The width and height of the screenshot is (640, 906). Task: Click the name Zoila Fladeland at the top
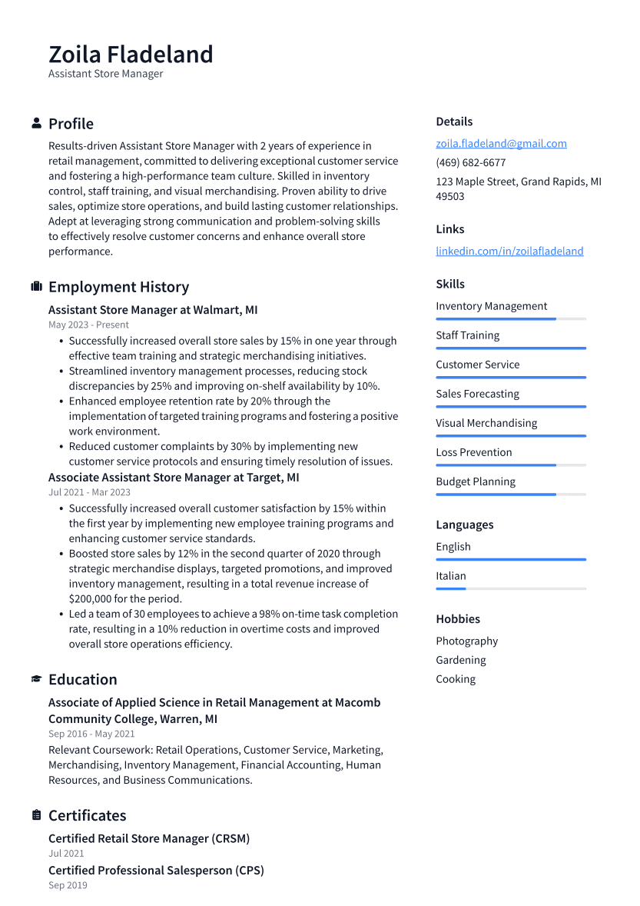(131, 55)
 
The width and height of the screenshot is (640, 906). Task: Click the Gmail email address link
(501, 143)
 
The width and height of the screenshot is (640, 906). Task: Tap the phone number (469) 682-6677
(470, 162)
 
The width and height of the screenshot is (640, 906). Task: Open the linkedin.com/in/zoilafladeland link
(509, 251)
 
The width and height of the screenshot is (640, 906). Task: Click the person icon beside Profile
(36, 123)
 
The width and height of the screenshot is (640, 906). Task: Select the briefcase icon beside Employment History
(36, 286)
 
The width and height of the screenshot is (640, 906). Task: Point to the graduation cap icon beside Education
(36, 679)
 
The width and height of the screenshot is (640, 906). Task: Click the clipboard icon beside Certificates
(36, 815)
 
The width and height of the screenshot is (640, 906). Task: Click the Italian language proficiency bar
(510, 588)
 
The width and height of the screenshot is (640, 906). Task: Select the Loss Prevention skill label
(473, 452)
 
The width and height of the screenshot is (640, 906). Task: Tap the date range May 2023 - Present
(88, 325)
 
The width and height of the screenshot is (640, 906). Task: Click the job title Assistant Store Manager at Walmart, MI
(153, 310)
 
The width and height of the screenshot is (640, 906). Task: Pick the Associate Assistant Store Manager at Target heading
(174, 478)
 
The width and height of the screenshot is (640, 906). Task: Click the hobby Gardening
(461, 660)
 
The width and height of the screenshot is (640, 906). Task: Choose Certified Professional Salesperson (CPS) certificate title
(156, 871)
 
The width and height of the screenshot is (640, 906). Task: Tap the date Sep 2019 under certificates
(68, 885)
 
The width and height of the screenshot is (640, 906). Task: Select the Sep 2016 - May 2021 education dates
(91, 734)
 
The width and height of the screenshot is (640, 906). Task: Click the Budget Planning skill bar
(510, 495)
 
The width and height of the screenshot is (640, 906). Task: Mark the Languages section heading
(464, 525)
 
